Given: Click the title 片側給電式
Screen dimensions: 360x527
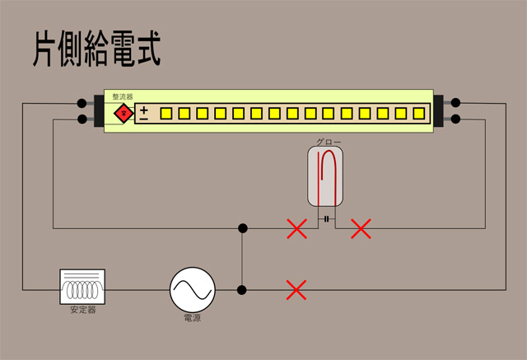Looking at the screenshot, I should pyautogui.click(x=96, y=49).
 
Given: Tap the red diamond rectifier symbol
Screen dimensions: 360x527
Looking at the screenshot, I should pyautogui.click(x=124, y=113).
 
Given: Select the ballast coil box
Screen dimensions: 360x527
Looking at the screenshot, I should pyautogui.click(x=82, y=287).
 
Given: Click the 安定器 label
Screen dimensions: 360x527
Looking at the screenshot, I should pyautogui.click(x=82, y=311).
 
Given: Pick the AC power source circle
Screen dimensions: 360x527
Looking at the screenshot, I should pyautogui.click(x=193, y=289).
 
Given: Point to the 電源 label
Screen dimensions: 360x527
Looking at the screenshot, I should pyautogui.click(x=192, y=317).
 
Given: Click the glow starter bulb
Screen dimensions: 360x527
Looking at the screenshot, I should pyautogui.click(x=327, y=175).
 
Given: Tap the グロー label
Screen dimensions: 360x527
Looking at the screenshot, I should pyautogui.click(x=329, y=142).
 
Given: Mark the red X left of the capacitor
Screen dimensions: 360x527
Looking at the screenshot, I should pyautogui.click(x=296, y=228).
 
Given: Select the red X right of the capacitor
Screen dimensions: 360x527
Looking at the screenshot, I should pyautogui.click(x=361, y=228).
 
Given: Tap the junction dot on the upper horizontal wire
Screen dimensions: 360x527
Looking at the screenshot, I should pyautogui.click(x=242, y=228).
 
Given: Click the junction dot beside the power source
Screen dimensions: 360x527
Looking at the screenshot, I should pyautogui.click(x=242, y=290).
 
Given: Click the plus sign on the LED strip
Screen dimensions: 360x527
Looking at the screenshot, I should pyautogui.click(x=144, y=109).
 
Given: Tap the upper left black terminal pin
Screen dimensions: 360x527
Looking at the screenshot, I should pyautogui.click(x=82, y=105).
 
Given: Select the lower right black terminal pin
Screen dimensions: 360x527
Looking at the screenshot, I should pyautogui.click(x=455, y=120).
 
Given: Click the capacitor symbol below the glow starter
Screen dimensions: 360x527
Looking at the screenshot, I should pyautogui.click(x=327, y=219).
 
